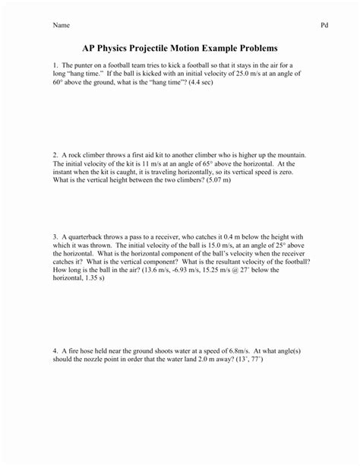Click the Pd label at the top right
pyautogui.click(x=324, y=25)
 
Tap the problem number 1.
pyautogui.click(x=55, y=65)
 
